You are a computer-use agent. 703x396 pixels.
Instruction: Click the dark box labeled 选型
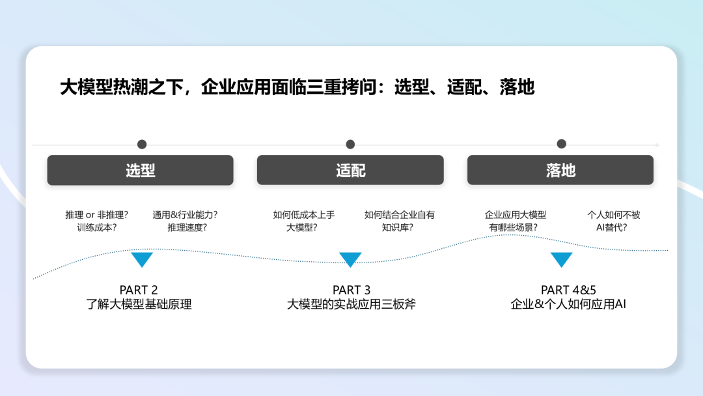tap(140, 170)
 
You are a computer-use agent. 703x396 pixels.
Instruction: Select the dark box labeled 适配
tap(350, 170)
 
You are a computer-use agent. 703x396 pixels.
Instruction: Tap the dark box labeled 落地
tap(560, 170)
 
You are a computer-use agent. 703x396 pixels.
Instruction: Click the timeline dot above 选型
tap(142, 145)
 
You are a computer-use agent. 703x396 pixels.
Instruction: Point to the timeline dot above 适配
tap(350, 145)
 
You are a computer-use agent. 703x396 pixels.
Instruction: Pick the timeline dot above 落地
tap(561, 144)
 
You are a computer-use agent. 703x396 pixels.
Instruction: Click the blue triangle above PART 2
tap(142, 259)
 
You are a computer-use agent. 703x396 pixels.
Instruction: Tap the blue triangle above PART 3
tap(350, 259)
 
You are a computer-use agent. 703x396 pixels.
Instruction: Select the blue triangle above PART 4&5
tap(561, 259)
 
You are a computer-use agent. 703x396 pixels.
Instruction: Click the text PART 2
tap(139, 290)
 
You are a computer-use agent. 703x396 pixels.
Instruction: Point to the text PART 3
tap(351, 290)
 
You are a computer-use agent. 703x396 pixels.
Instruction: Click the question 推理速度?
tap(187, 227)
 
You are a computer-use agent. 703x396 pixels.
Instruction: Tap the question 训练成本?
tap(96, 227)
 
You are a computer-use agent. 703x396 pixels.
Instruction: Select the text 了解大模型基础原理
tap(139, 304)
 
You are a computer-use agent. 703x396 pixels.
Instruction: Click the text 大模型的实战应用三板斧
tap(351, 304)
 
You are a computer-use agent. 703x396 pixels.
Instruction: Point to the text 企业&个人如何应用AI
tap(568, 304)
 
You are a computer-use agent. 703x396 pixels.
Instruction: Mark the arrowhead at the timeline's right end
tap(657, 145)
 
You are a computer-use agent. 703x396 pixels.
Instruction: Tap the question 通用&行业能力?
tap(185, 214)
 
